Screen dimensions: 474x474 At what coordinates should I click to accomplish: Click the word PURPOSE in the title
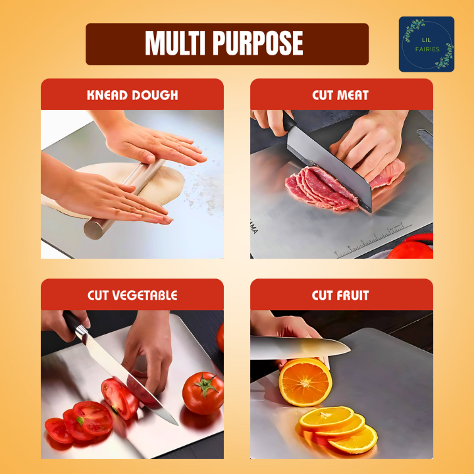pyautogui.click(x=258, y=43)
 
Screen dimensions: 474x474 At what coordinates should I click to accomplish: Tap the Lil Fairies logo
pyautogui.click(x=426, y=44)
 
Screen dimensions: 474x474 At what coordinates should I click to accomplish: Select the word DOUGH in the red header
pyautogui.click(x=155, y=95)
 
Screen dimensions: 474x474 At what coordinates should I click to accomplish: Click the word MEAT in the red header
pyautogui.click(x=354, y=95)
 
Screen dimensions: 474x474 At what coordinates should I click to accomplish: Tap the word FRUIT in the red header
pyautogui.click(x=354, y=296)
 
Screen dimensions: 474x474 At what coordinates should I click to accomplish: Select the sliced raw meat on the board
pyautogui.click(x=322, y=188)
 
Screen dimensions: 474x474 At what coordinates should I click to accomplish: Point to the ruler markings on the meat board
pyautogui.click(x=373, y=240)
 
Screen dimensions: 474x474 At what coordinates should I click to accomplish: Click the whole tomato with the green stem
pyautogui.click(x=203, y=393)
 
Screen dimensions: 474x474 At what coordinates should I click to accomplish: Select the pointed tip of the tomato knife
pyautogui.click(x=178, y=425)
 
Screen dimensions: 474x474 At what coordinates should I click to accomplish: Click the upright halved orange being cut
pyautogui.click(x=305, y=382)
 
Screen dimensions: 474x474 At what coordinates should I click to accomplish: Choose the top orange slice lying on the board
pyautogui.click(x=327, y=419)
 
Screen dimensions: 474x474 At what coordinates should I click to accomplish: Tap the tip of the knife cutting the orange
pyautogui.click(x=350, y=351)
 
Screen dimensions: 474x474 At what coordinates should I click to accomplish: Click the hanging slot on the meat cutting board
pyautogui.click(x=425, y=138)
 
